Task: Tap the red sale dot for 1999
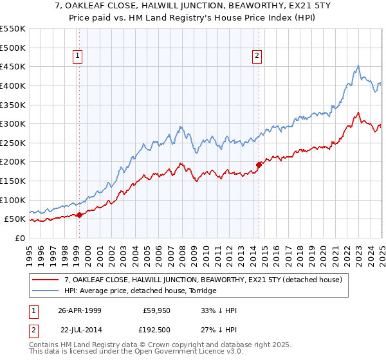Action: [x=79, y=215]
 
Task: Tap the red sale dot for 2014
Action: [x=259, y=165]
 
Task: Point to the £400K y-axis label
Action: [x=13, y=85]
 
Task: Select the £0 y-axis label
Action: [x=19, y=238]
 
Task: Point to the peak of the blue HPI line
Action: [x=358, y=66]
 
